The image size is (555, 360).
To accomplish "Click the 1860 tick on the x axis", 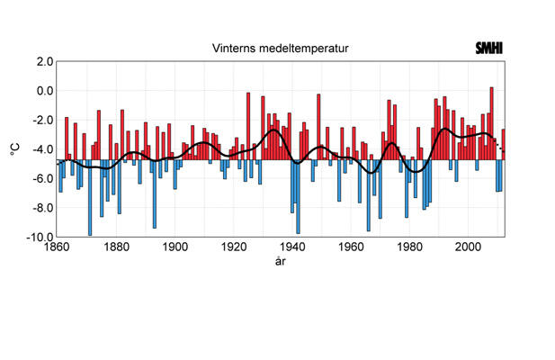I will (57, 247).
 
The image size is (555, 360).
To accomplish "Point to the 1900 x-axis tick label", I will (175, 247).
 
